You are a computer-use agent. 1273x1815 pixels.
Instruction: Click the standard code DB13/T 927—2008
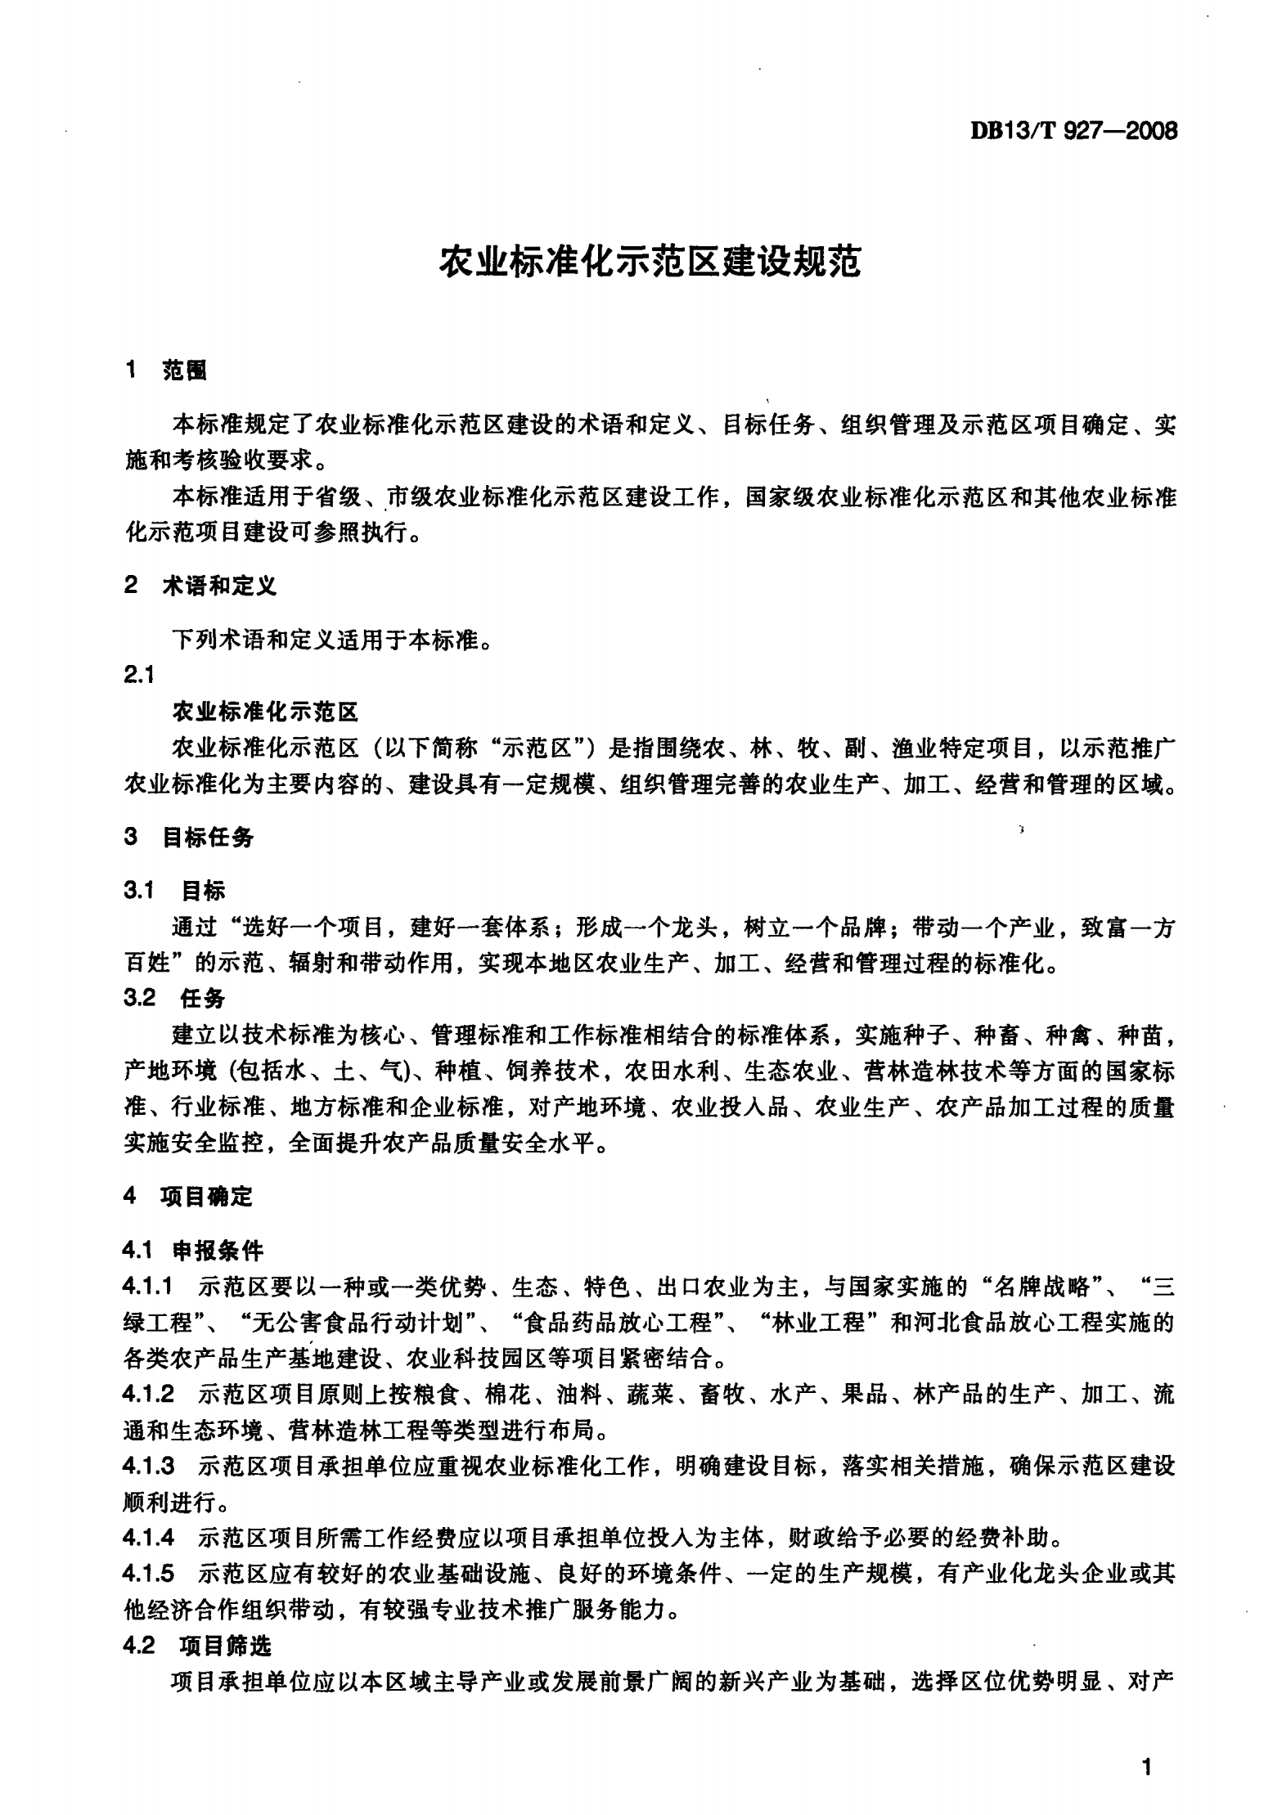(x=1073, y=131)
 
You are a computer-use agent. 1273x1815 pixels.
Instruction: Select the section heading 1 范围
(x=166, y=371)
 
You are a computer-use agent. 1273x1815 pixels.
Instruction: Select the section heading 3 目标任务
(x=189, y=837)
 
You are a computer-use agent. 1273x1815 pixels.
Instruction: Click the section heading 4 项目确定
(x=188, y=1197)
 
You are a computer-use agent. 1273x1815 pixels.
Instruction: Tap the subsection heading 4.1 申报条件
(x=193, y=1251)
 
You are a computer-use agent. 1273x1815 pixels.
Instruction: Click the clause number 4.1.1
(x=148, y=1287)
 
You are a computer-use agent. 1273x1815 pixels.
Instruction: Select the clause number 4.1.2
(x=148, y=1394)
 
